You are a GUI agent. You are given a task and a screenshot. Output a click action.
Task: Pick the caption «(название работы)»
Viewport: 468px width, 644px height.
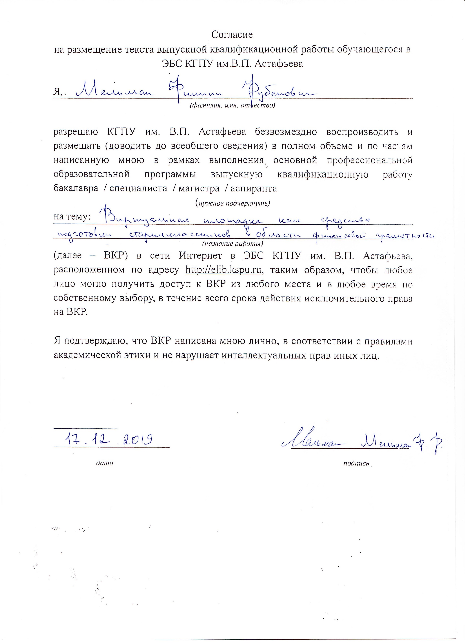(232, 244)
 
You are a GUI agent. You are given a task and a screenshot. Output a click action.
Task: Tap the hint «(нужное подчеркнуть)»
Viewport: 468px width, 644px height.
(232, 203)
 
